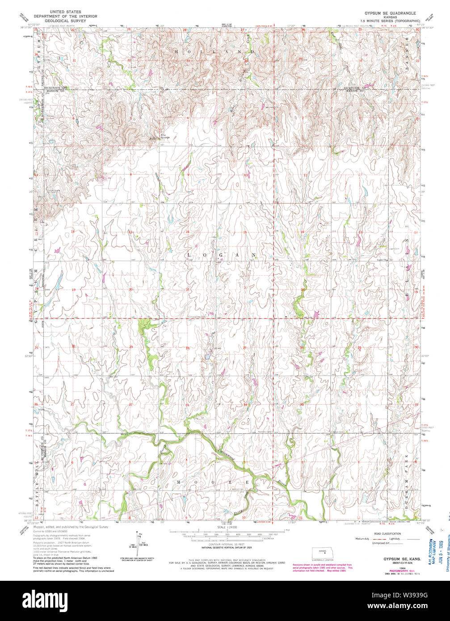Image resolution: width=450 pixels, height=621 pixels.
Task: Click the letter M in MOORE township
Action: click(x=178, y=483)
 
